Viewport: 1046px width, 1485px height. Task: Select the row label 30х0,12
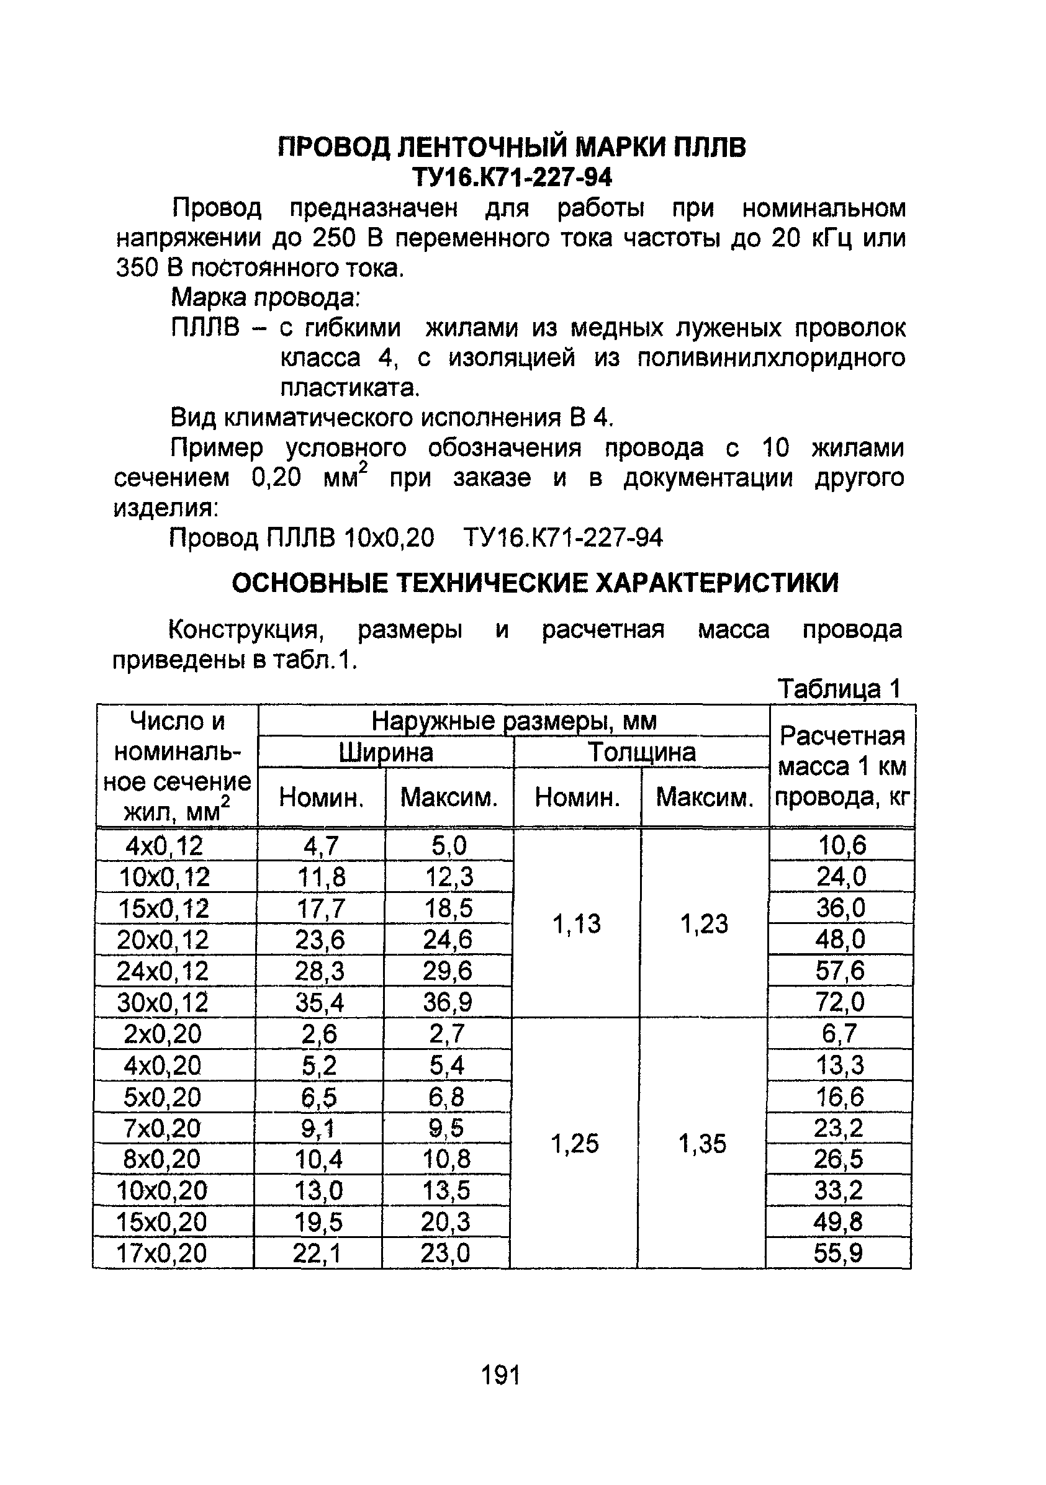point(163,1002)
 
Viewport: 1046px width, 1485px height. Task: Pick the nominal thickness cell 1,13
point(576,923)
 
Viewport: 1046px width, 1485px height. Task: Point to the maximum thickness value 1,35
point(703,1144)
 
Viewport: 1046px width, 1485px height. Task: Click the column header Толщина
point(642,752)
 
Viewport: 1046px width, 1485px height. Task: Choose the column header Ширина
point(385,752)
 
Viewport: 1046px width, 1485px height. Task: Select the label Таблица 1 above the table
point(839,689)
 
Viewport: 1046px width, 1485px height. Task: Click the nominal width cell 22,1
point(317,1254)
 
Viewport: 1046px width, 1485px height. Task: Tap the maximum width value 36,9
point(448,1002)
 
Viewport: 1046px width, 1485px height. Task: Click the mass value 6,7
point(839,1034)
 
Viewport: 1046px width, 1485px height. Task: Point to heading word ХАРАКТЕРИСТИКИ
point(716,583)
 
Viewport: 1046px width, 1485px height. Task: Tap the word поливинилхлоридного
point(771,357)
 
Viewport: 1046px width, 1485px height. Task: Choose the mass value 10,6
point(841,845)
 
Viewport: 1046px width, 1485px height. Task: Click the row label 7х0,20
point(162,1129)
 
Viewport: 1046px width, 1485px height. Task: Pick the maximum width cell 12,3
point(449,877)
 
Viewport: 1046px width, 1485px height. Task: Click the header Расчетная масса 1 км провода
point(842,766)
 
